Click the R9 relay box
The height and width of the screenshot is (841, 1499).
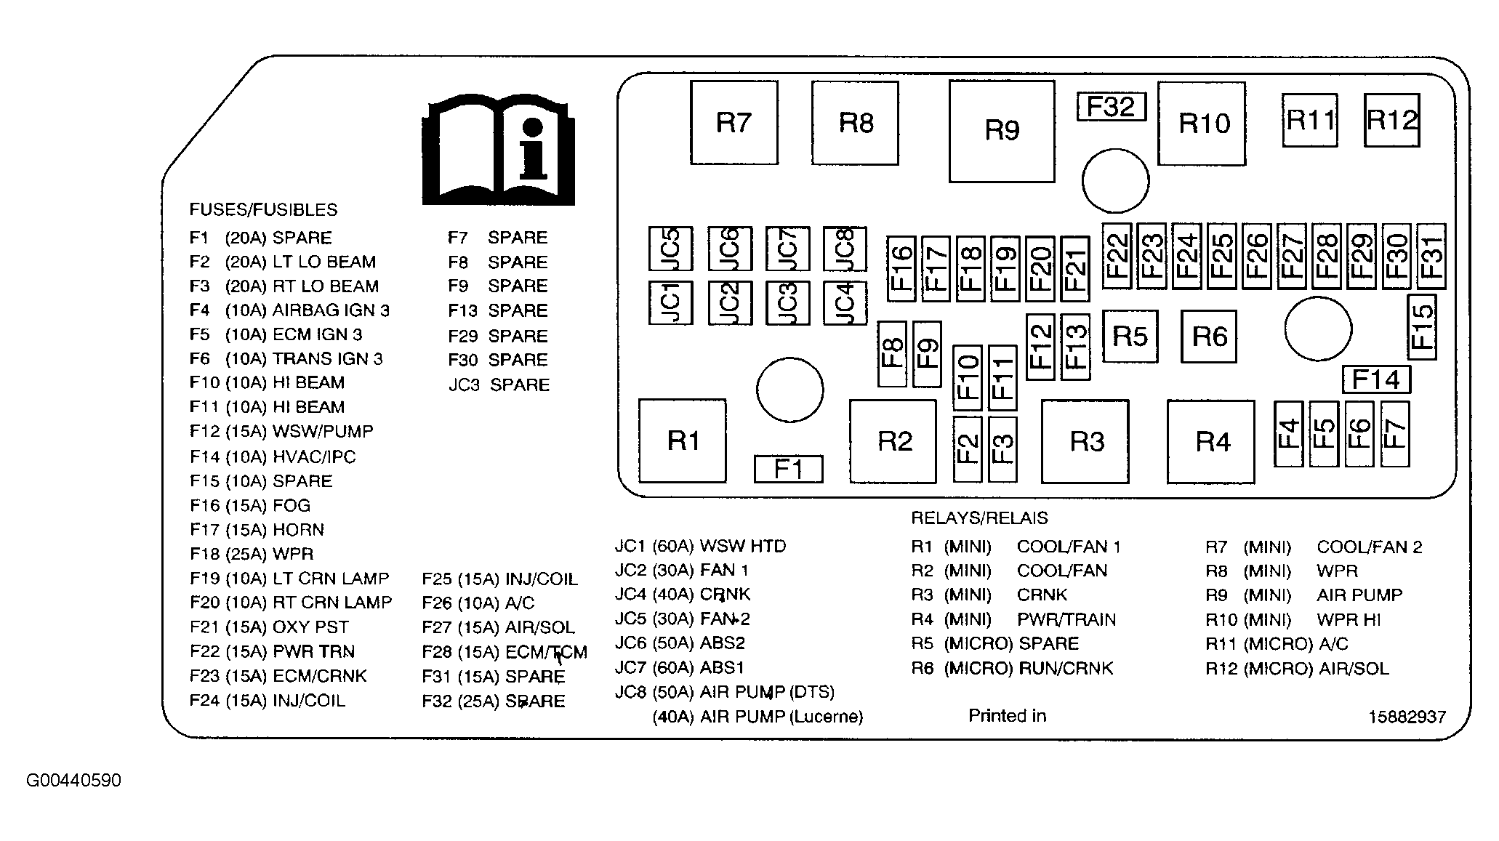pyautogui.click(x=1001, y=131)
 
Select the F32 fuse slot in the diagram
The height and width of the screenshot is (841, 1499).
pyautogui.click(x=1111, y=107)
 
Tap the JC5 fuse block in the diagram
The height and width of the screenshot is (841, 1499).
pyautogui.click(x=670, y=249)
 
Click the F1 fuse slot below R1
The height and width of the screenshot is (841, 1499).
pyautogui.click(x=788, y=469)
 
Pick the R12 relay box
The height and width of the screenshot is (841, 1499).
pyautogui.click(x=1391, y=121)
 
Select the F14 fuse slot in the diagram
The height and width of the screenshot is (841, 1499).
pyautogui.click(x=1376, y=379)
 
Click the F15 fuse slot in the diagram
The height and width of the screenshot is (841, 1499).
pyautogui.click(x=1422, y=327)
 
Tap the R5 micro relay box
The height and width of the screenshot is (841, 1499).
pyautogui.click(x=1130, y=336)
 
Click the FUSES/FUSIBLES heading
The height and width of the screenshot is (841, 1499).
pyautogui.click(x=263, y=210)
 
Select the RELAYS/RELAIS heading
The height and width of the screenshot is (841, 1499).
pyautogui.click(x=979, y=518)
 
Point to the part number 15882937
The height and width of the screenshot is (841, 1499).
pyautogui.click(x=1407, y=717)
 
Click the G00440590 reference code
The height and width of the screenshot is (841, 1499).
pyautogui.click(x=74, y=781)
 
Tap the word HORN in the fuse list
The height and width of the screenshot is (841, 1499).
pyautogui.click(x=298, y=530)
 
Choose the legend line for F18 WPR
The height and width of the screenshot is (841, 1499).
pyautogui.click(x=252, y=554)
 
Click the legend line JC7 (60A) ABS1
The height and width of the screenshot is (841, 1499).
pyautogui.click(x=680, y=667)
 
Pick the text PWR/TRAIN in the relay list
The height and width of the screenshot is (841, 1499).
pyautogui.click(x=1066, y=619)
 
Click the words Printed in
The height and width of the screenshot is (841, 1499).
pyautogui.click(x=1007, y=716)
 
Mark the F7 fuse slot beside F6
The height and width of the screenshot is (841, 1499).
pyautogui.click(x=1395, y=434)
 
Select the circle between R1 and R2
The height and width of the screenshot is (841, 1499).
pyautogui.click(x=789, y=390)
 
